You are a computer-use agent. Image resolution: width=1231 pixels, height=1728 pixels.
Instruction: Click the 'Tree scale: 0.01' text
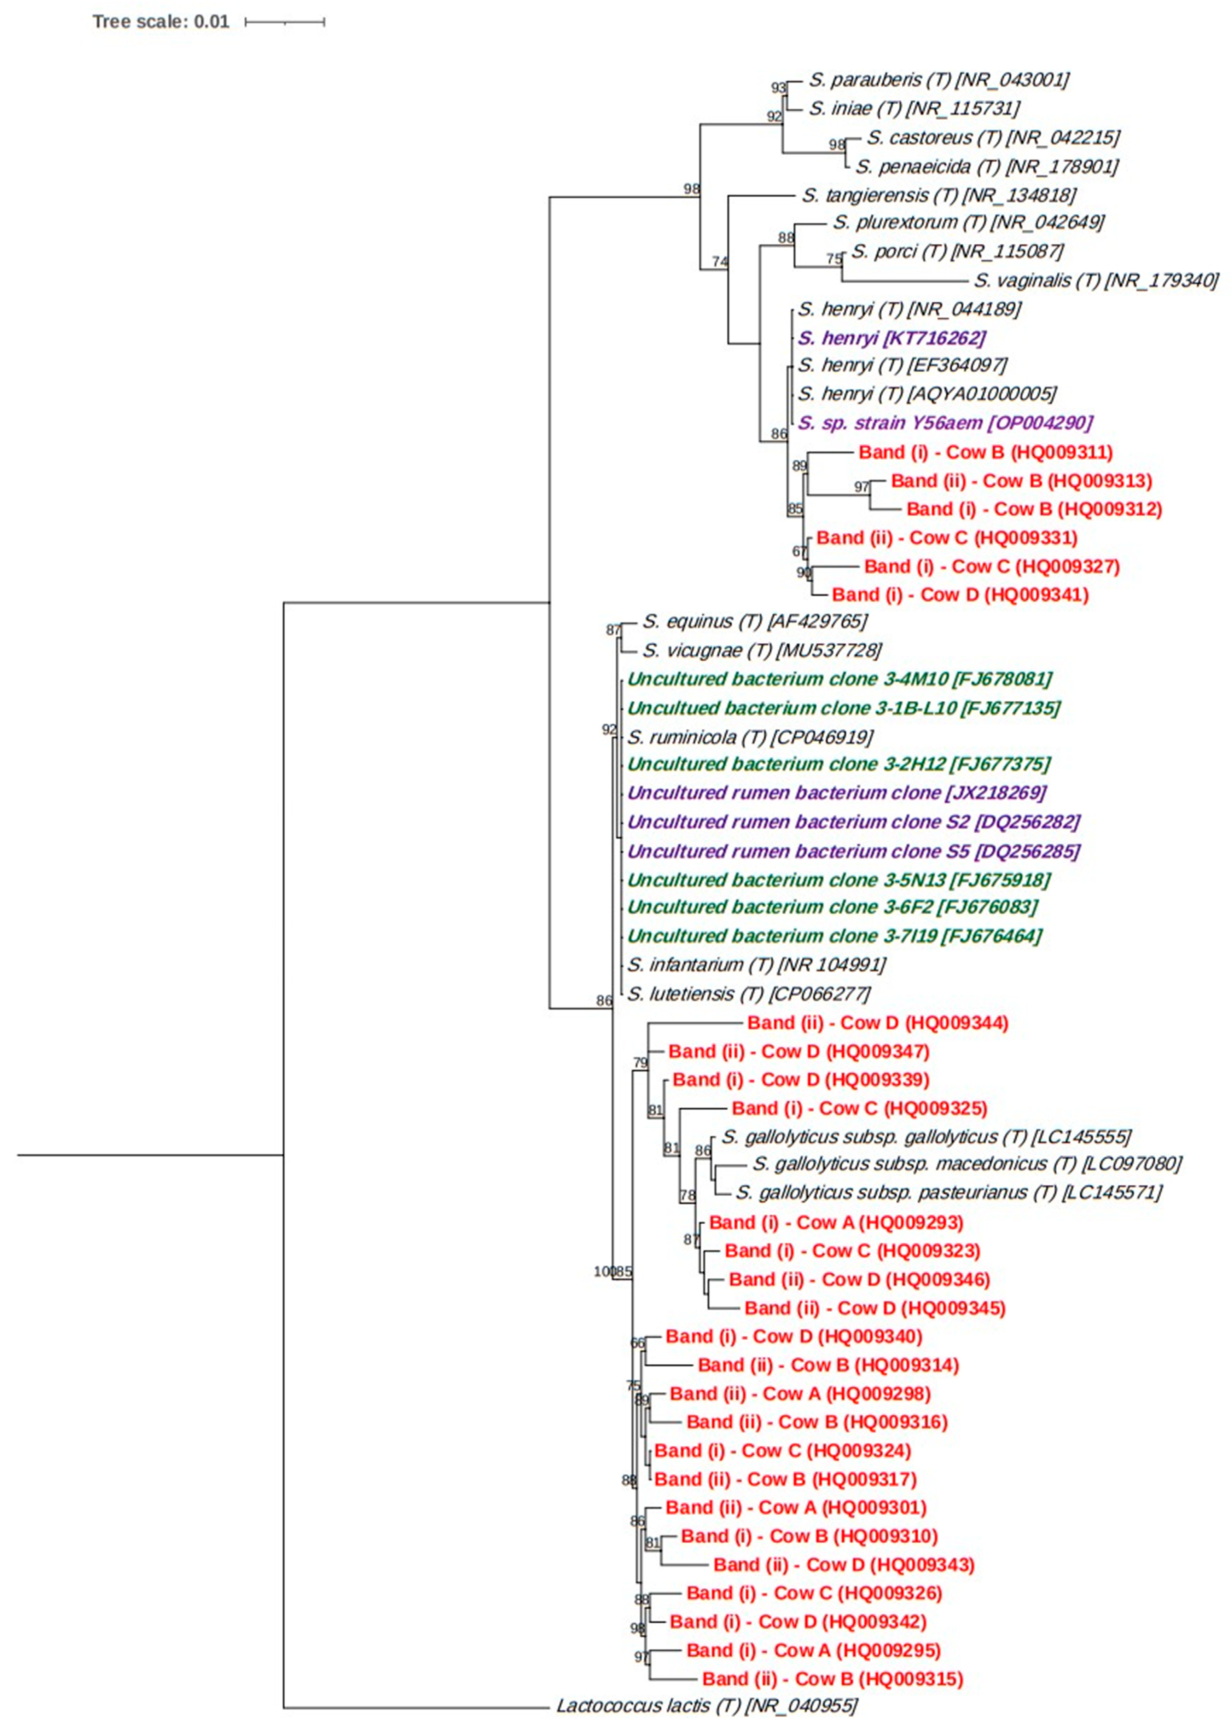coord(161,21)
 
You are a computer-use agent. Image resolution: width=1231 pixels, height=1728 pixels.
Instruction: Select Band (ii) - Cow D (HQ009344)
coord(878,1022)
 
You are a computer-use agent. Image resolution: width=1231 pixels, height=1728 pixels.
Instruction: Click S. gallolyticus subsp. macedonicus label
coord(966,1163)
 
